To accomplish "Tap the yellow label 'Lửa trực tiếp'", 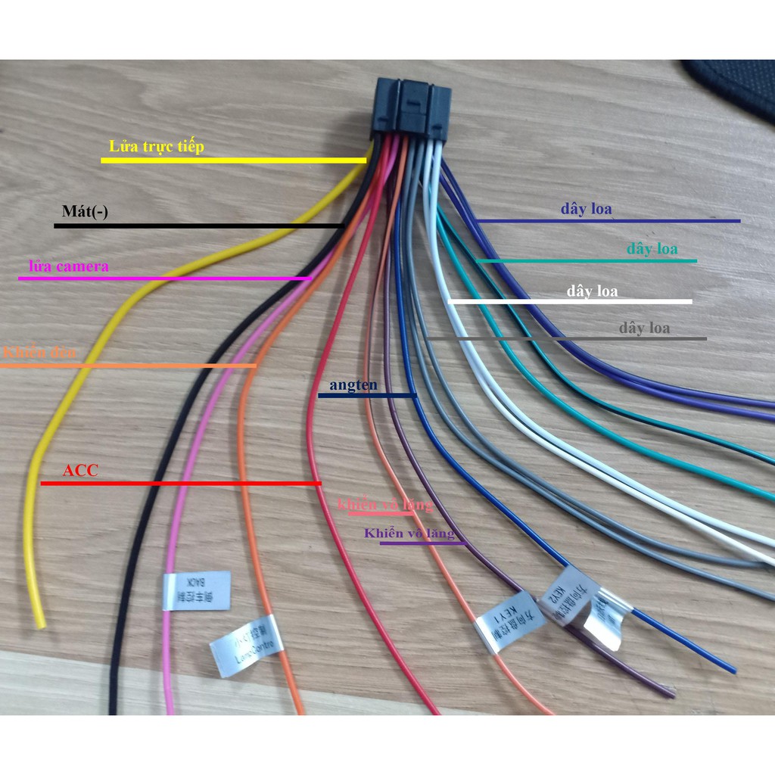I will click(x=157, y=146).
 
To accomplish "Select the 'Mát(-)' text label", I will click(x=85, y=212).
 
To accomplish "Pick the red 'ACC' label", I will click(x=80, y=471).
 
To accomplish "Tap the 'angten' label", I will click(x=353, y=385).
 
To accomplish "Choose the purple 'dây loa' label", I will click(x=586, y=208).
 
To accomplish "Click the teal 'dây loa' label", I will click(x=652, y=248).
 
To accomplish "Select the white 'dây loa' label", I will click(x=592, y=291).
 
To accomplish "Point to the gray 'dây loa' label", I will click(x=644, y=328).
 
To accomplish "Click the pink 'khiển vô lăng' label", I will click(x=385, y=505).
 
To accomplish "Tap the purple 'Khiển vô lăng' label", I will click(x=409, y=534).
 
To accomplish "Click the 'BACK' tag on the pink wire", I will click(x=196, y=590).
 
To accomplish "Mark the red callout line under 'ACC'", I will click(x=182, y=483).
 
